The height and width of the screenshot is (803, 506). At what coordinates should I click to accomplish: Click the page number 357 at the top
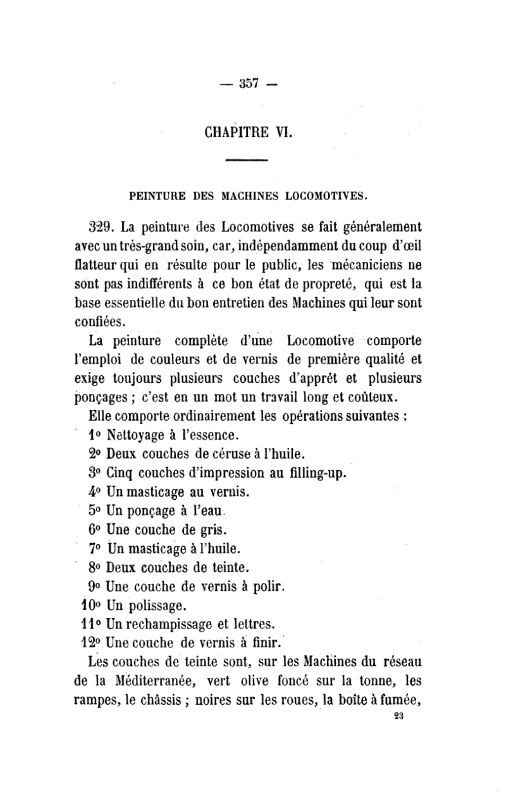point(249,83)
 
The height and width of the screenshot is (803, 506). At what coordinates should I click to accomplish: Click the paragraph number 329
point(102,227)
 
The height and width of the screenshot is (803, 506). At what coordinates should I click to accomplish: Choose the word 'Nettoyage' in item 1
point(135,436)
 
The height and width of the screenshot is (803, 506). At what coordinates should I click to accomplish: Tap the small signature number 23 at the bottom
point(400,717)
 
